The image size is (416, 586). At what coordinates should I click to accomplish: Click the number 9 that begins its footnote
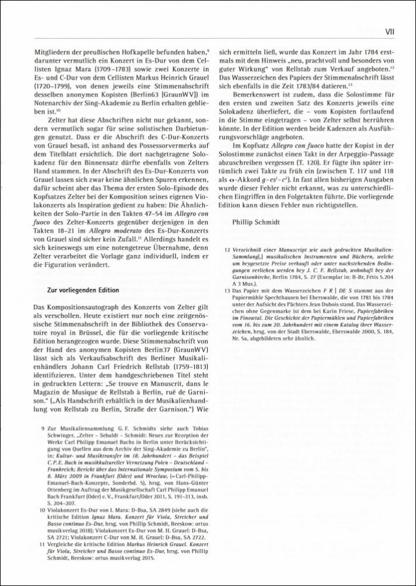click(45, 447)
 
